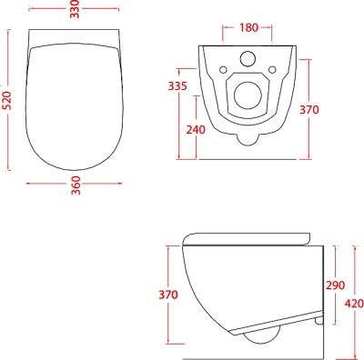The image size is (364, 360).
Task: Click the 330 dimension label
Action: (75, 9)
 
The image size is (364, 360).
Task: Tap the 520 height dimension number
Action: (7, 100)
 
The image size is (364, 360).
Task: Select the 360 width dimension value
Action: (76, 185)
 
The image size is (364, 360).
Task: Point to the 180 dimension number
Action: (248, 27)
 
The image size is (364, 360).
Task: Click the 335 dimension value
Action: (177, 86)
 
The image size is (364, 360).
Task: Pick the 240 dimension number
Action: (196, 130)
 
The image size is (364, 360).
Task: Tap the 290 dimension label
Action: (335, 285)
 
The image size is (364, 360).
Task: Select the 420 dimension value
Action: (354, 304)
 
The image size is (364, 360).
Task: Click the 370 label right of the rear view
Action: (309, 110)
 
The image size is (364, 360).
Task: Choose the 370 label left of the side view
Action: (168, 295)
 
